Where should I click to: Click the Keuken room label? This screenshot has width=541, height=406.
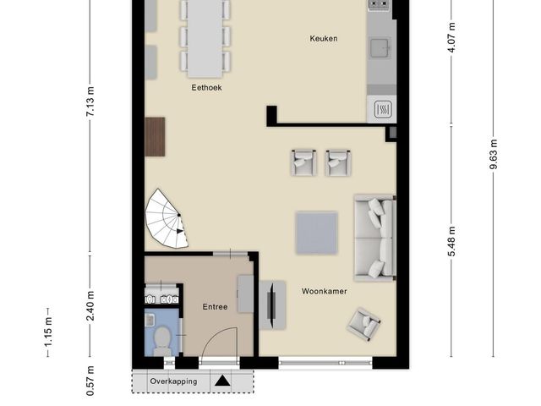coord(323,38)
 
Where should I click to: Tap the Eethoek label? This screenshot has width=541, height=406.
coord(206,88)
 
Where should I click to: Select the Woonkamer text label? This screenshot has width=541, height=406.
coord(325,291)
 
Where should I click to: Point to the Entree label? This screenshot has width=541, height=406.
coord(215,306)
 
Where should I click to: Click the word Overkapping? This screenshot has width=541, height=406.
coord(173,381)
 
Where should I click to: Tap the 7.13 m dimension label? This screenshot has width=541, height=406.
coord(90,101)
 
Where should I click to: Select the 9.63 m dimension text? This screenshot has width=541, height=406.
coord(493,154)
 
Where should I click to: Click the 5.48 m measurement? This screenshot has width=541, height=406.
coord(451,241)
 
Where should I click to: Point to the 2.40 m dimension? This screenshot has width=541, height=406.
coord(90,306)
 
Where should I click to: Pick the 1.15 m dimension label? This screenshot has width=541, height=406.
coord(48,332)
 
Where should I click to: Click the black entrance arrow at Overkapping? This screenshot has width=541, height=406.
coord(222,381)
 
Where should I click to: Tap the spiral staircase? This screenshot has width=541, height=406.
coord(167,219)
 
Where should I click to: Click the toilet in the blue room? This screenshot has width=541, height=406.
coord(162,340)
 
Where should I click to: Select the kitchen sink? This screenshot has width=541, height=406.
coord(380,47)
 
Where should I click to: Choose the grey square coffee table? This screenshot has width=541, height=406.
coord(316,233)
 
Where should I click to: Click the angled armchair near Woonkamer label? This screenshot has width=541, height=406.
coord(364,324)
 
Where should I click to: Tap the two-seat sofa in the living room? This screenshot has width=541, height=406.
coord(374,239)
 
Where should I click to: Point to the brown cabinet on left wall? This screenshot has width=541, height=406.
coord(155,137)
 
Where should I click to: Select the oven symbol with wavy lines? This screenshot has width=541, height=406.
coord(383,110)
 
